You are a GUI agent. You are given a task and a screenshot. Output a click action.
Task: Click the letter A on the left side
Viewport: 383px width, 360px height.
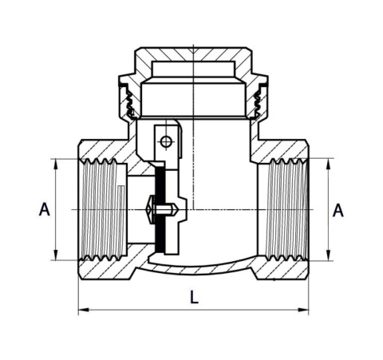(x=45, y=209)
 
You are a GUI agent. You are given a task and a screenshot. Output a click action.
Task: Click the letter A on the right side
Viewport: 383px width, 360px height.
(x=338, y=210)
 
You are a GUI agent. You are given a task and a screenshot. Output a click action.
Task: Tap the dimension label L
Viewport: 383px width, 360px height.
(x=194, y=297)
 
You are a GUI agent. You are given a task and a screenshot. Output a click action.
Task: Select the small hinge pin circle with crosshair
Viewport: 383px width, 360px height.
(x=165, y=142)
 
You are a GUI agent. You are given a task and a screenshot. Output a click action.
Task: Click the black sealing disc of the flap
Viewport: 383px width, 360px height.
(x=160, y=209)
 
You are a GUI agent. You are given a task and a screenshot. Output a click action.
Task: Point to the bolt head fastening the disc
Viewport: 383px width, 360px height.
(x=148, y=210)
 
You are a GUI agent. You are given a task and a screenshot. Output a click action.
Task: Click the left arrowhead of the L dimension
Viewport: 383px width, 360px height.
(x=82, y=310)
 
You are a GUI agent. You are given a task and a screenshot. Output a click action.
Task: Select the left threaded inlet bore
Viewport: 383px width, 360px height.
(x=101, y=209)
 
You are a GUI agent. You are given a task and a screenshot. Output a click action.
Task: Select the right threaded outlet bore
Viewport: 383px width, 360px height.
(x=284, y=209)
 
